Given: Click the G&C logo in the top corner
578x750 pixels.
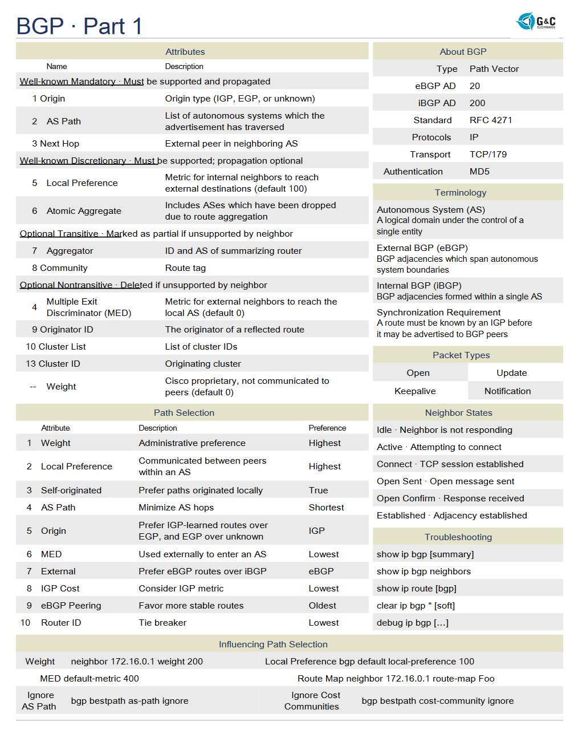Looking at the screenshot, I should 536,22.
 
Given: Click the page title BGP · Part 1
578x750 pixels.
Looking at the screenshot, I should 79,26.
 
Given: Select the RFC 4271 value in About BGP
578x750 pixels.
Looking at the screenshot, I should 491,120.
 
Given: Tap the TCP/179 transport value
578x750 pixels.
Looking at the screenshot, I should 488,155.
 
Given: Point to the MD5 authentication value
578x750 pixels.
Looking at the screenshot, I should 479,172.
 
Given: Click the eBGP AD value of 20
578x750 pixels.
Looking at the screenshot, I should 475,86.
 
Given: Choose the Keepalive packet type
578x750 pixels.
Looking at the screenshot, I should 415,391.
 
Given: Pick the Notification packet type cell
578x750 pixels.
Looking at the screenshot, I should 507,391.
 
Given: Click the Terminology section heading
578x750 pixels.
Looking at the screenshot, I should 461,193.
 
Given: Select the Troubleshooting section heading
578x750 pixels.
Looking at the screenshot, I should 458,537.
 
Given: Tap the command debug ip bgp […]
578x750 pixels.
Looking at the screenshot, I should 413,623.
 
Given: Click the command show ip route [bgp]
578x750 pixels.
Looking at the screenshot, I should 417,589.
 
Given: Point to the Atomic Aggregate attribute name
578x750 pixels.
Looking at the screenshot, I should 84,211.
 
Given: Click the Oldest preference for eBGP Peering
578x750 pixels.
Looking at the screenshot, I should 323,606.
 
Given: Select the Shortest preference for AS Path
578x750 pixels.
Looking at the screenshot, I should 326,508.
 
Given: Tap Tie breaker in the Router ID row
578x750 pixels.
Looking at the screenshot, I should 162,623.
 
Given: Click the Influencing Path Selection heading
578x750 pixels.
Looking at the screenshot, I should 273,644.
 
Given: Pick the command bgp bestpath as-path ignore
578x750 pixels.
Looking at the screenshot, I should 129,701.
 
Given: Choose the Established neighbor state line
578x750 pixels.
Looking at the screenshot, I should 452,516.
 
